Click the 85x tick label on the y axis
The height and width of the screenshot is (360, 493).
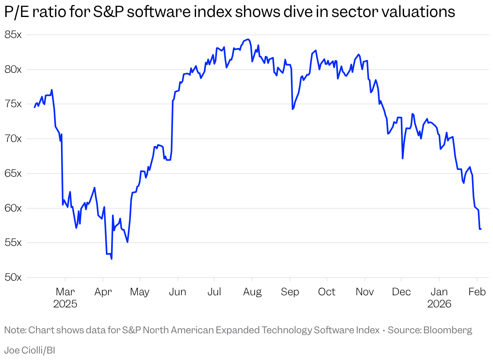pyautogui.click(x=13, y=35)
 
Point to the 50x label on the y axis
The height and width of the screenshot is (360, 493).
pyautogui.click(x=13, y=277)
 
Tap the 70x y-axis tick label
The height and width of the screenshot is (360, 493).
pyautogui.click(x=13, y=139)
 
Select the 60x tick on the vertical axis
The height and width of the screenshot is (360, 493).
pyautogui.click(x=13, y=208)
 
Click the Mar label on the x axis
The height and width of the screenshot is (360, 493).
pyautogui.click(x=65, y=292)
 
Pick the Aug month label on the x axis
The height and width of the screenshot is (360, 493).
pyautogui.click(x=252, y=292)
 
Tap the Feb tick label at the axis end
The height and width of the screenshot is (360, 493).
pyautogui.click(x=477, y=292)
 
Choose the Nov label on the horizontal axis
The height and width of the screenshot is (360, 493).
pyautogui.click(x=365, y=292)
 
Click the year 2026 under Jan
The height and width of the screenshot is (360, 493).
pyautogui.click(x=439, y=304)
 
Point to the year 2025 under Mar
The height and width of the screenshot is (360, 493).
pyautogui.click(x=65, y=304)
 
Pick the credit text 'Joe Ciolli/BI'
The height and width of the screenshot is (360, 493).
pyautogui.click(x=29, y=350)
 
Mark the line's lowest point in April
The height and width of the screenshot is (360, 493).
pyautogui.click(x=112, y=259)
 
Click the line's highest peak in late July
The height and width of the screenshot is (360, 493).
pyautogui.click(x=248, y=39)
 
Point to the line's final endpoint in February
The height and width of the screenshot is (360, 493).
pyautogui.click(x=481, y=229)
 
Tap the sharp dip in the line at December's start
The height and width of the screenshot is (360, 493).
pyautogui.click(x=402, y=158)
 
